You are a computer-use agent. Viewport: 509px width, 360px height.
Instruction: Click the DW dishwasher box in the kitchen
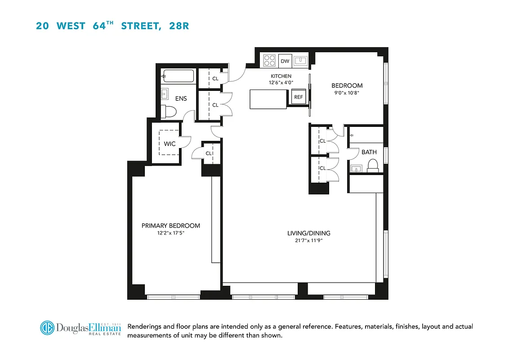[285, 61]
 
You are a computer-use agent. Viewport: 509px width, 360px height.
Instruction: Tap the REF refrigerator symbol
[298, 97]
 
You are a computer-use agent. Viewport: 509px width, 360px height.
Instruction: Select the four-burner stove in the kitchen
[269, 60]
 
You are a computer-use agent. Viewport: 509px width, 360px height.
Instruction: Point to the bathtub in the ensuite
[179, 76]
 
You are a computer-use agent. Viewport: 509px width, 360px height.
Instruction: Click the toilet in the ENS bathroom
[170, 111]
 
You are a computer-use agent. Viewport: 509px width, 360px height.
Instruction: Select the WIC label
[170, 144]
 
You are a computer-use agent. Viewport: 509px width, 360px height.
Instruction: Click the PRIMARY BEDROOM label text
[170, 226]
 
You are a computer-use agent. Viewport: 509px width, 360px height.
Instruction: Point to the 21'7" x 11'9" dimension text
[309, 241]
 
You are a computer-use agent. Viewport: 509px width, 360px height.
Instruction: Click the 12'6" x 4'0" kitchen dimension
[281, 83]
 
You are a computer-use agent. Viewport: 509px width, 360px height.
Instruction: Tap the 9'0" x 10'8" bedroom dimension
[347, 93]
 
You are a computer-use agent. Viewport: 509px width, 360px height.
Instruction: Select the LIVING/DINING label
[309, 233]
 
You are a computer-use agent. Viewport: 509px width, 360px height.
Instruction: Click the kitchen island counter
[268, 99]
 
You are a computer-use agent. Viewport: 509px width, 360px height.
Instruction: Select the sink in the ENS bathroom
[164, 94]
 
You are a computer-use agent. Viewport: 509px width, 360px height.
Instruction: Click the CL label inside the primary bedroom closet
[209, 153]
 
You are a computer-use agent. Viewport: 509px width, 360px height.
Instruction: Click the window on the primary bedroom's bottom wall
[173, 297]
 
